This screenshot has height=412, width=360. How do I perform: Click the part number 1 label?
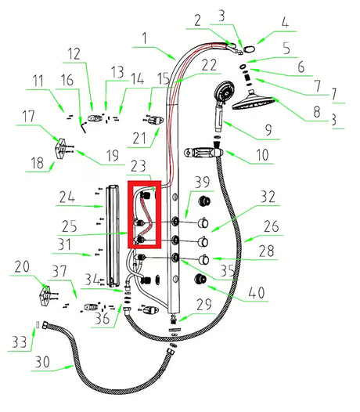click(x=145, y=38)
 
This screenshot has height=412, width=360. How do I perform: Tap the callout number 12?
click(x=74, y=54)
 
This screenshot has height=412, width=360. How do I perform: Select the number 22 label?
click(x=209, y=65)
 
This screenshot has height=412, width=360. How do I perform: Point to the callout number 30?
click(x=42, y=362)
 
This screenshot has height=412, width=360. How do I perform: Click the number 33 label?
click(x=19, y=342)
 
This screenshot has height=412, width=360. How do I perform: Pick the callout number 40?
click(x=257, y=292)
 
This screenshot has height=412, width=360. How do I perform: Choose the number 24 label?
click(x=67, y=197)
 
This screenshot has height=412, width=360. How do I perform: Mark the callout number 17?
click(x=28, y=116)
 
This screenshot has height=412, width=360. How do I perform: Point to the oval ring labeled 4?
click(x=249, y=49)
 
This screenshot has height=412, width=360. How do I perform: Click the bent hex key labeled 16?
click(x=83, y=127)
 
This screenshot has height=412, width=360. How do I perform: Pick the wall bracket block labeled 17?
click(x=60, y=149)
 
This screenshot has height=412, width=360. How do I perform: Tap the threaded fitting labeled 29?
click(x=173, y=320)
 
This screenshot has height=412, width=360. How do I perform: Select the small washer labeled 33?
click(x=38, y=325)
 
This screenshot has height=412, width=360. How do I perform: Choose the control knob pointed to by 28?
click(x=203, y=260)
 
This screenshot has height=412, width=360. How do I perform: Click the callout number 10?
click(x=262, y=155)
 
